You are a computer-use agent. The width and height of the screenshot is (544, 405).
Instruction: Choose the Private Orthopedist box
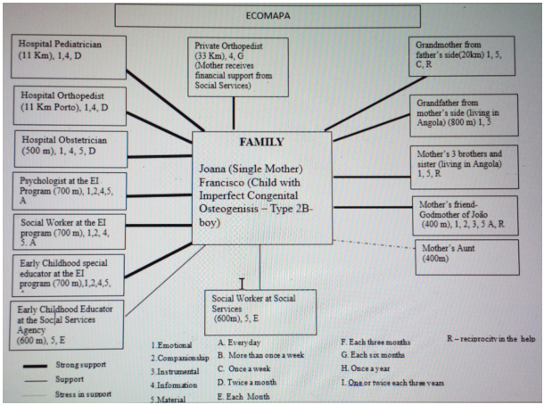(x=235, y=68)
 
